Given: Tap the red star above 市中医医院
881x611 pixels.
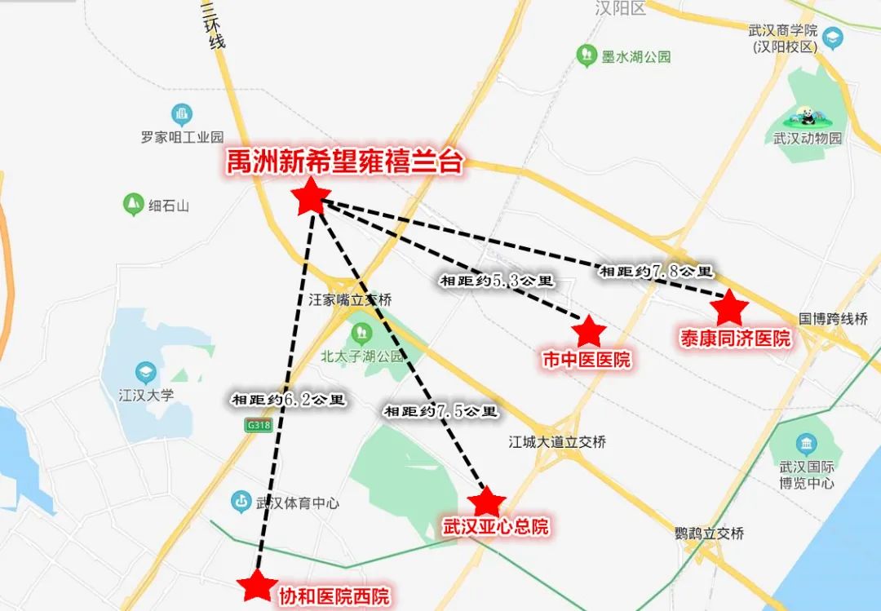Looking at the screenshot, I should pyautogui.click(x=588, y=331).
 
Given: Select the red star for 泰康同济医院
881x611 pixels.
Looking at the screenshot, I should pyautogui.click(x=728, y=308).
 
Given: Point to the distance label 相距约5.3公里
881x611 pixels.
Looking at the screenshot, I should pyautogui.click(x=496, y=281).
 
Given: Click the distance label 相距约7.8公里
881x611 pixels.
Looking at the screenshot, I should pyautogui.click(x=657, y=271).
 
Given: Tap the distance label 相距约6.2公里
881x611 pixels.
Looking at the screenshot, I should pyautogui.click(x=289, y=400).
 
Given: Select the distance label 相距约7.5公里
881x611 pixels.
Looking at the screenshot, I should pyautogui.click(x=440, y=411).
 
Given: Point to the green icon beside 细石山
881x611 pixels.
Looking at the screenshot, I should pyautogui.click(x=132, y=204).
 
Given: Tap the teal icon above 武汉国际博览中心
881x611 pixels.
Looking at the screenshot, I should pyautogui.click(x=806, y=445).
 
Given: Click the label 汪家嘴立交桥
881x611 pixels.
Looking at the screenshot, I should pyautogui.click(x=350, y=300).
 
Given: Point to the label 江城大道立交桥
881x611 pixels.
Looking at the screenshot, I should pyautogui.click(x=557, y=442).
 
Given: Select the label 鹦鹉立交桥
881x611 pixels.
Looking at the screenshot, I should pyautogui.click(x=710, y=534).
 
